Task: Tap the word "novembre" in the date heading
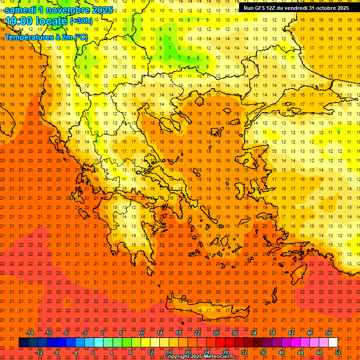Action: (x=67, y=10)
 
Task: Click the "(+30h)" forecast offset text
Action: (x=81, y=21)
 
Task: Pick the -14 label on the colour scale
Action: (x=30, y=333)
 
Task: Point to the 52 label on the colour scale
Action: (x=338, y=352)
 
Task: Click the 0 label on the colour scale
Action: (x=93, y=352)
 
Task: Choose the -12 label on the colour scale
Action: (x=39, y=352)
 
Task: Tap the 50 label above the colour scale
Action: (x=329, y=333)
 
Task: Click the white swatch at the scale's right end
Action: (x=333, y=343)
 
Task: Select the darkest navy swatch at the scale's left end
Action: (x=23, y=343)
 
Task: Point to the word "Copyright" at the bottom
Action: (x=177, y=357)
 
